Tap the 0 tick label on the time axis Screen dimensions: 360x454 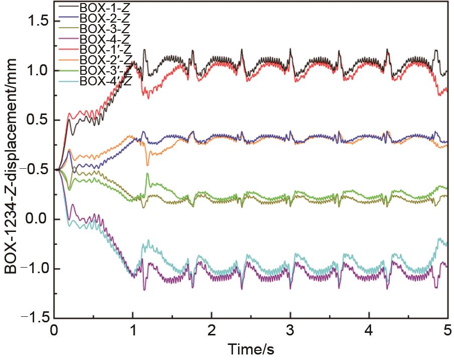point(54,331)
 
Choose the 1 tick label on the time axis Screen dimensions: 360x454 point(133,331)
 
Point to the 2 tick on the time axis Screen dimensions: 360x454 point(211,331)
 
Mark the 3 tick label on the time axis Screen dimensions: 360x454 point(290,331)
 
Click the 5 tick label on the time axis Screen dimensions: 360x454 point(447,331)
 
